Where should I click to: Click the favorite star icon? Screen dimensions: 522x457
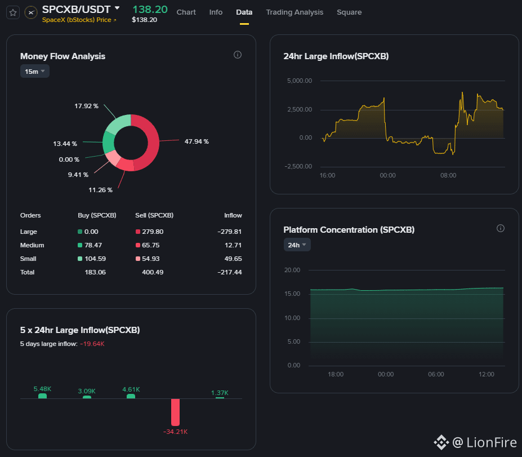pyautogui.click(x=13, y=12)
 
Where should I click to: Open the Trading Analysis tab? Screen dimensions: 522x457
pyautogui.click(x=295, y=12)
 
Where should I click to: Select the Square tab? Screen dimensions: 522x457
pyautogui.click(x=349, y=12)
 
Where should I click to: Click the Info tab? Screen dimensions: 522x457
pyautogui.click(x=216, y=12)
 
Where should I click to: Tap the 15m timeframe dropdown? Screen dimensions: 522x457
pyautogui.click(x=34, y=71)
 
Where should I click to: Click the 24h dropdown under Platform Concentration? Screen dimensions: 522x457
pyautogui.click(x=297, y=245)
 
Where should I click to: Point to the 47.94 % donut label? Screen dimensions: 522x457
pyautogui.click(x=197, y=141)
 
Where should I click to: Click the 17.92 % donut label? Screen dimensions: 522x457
pyautogui.click(x=86, y=106)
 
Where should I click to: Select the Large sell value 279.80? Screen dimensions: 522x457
pyautogui.click(x=153, y=232)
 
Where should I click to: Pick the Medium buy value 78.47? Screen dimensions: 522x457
pyautogui.click(x=93, y=245)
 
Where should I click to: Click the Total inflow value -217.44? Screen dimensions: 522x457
pyautogui.click(x=229, y=272)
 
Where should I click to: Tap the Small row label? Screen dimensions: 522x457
pyautogui.click(x=28, y=259)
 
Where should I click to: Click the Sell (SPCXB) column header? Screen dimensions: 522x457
pyautogui.click(x=154, y=215)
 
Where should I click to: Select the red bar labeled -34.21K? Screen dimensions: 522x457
pyautogui.click(x=175, y=412)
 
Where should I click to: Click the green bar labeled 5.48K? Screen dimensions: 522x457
pyautogui.click(x=42, y=396)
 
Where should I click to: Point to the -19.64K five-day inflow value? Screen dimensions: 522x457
pyautogui.click(x=92, y=344)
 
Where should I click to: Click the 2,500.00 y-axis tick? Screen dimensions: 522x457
pyautogui.click(x=300, y=109)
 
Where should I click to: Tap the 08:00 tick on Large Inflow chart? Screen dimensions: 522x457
pyautogui.click(x=448, y=176)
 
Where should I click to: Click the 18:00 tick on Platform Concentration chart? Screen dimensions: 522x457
pyautogui.click(x=336, y=374)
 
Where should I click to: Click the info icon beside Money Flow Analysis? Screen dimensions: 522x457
pyautogui.click(x=238, y=55)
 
